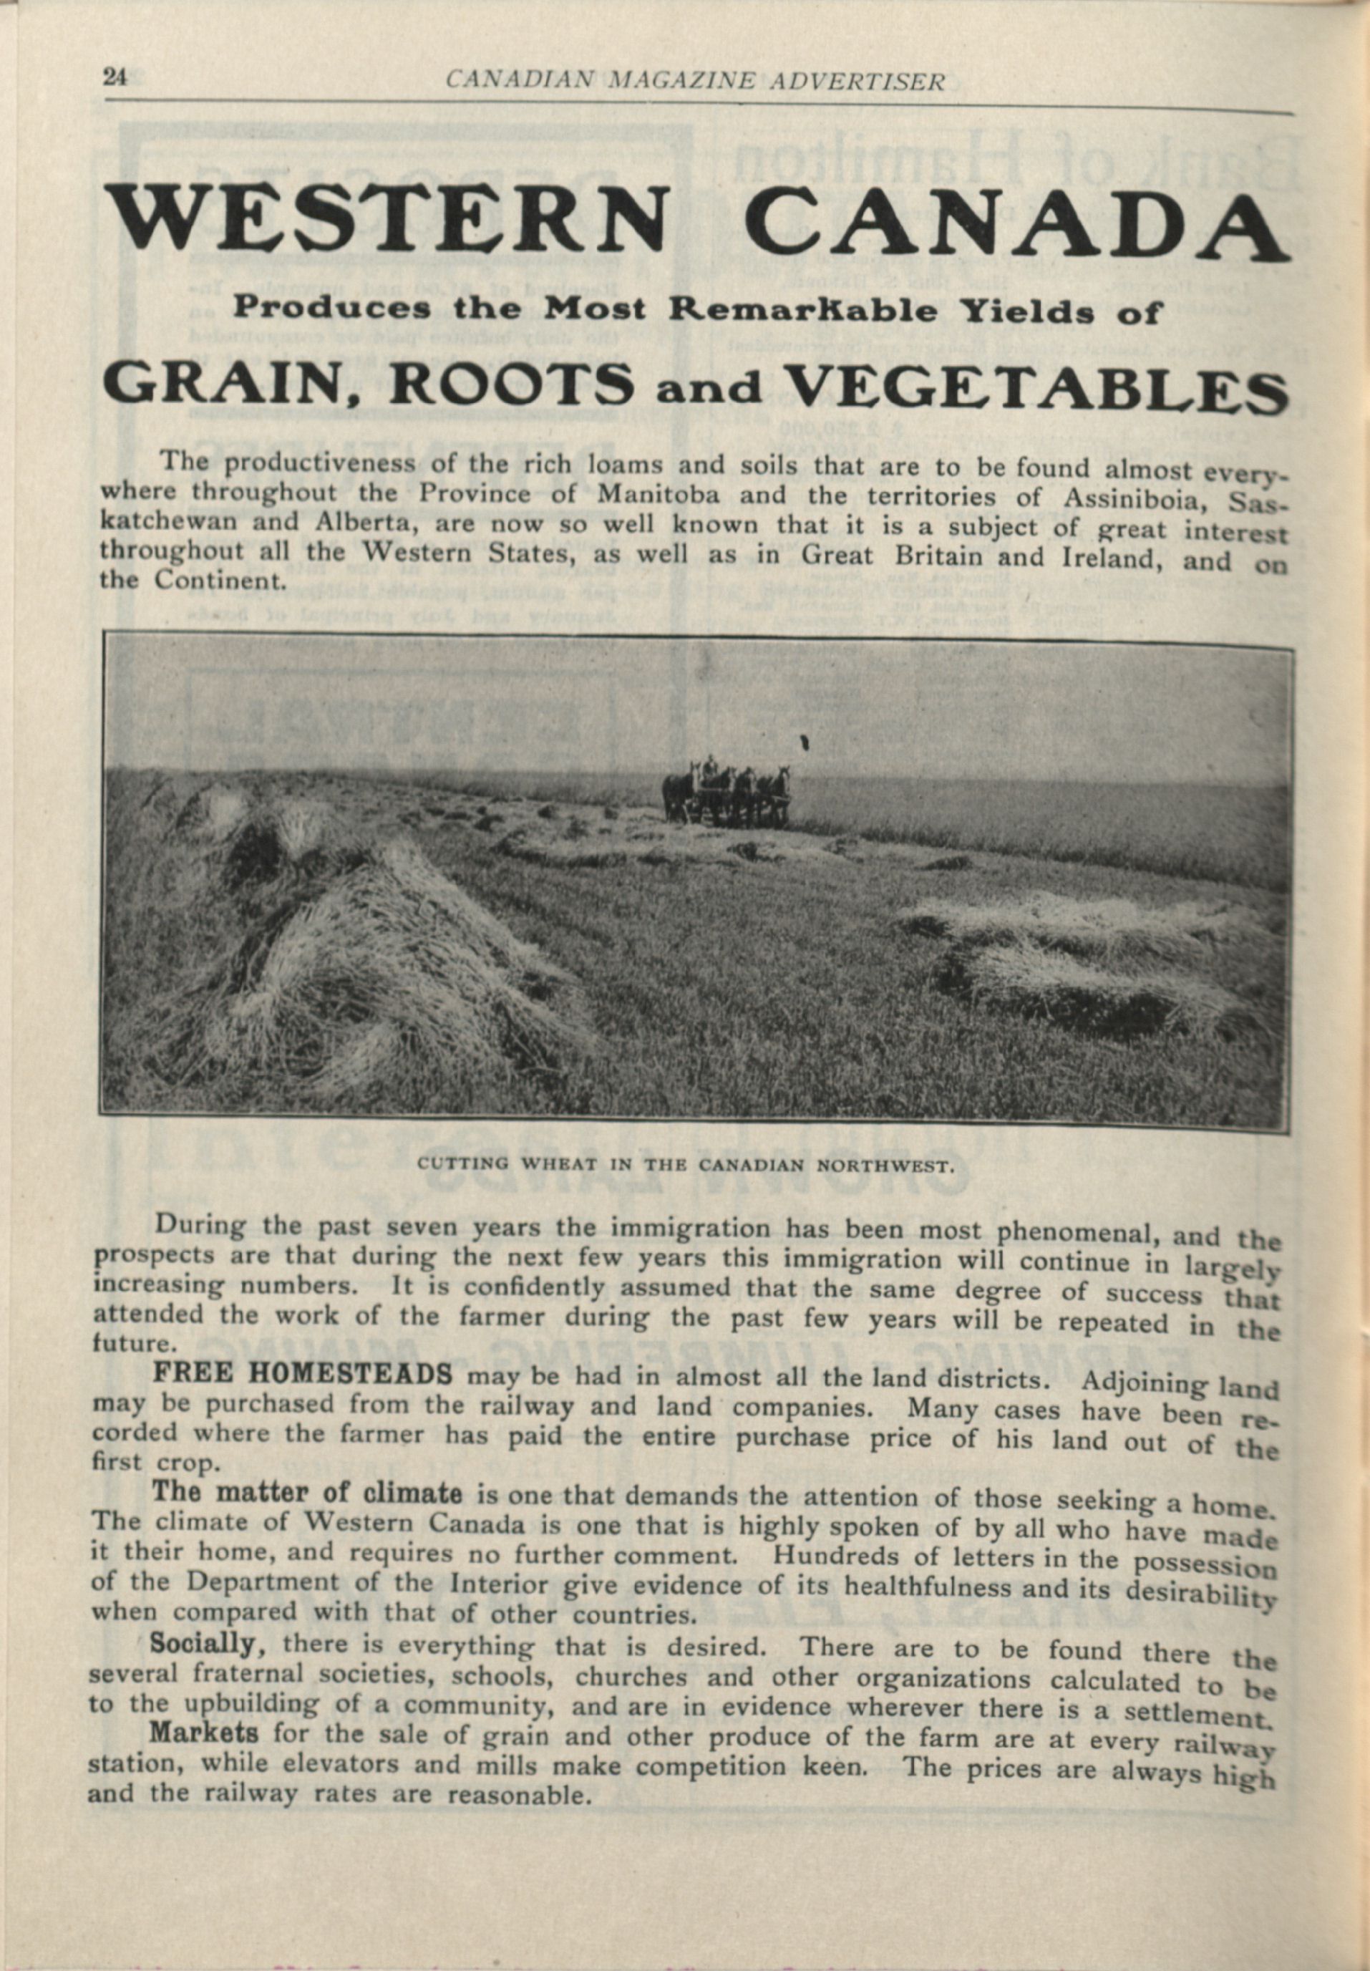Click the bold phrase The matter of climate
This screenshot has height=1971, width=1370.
pos(307,1493)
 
